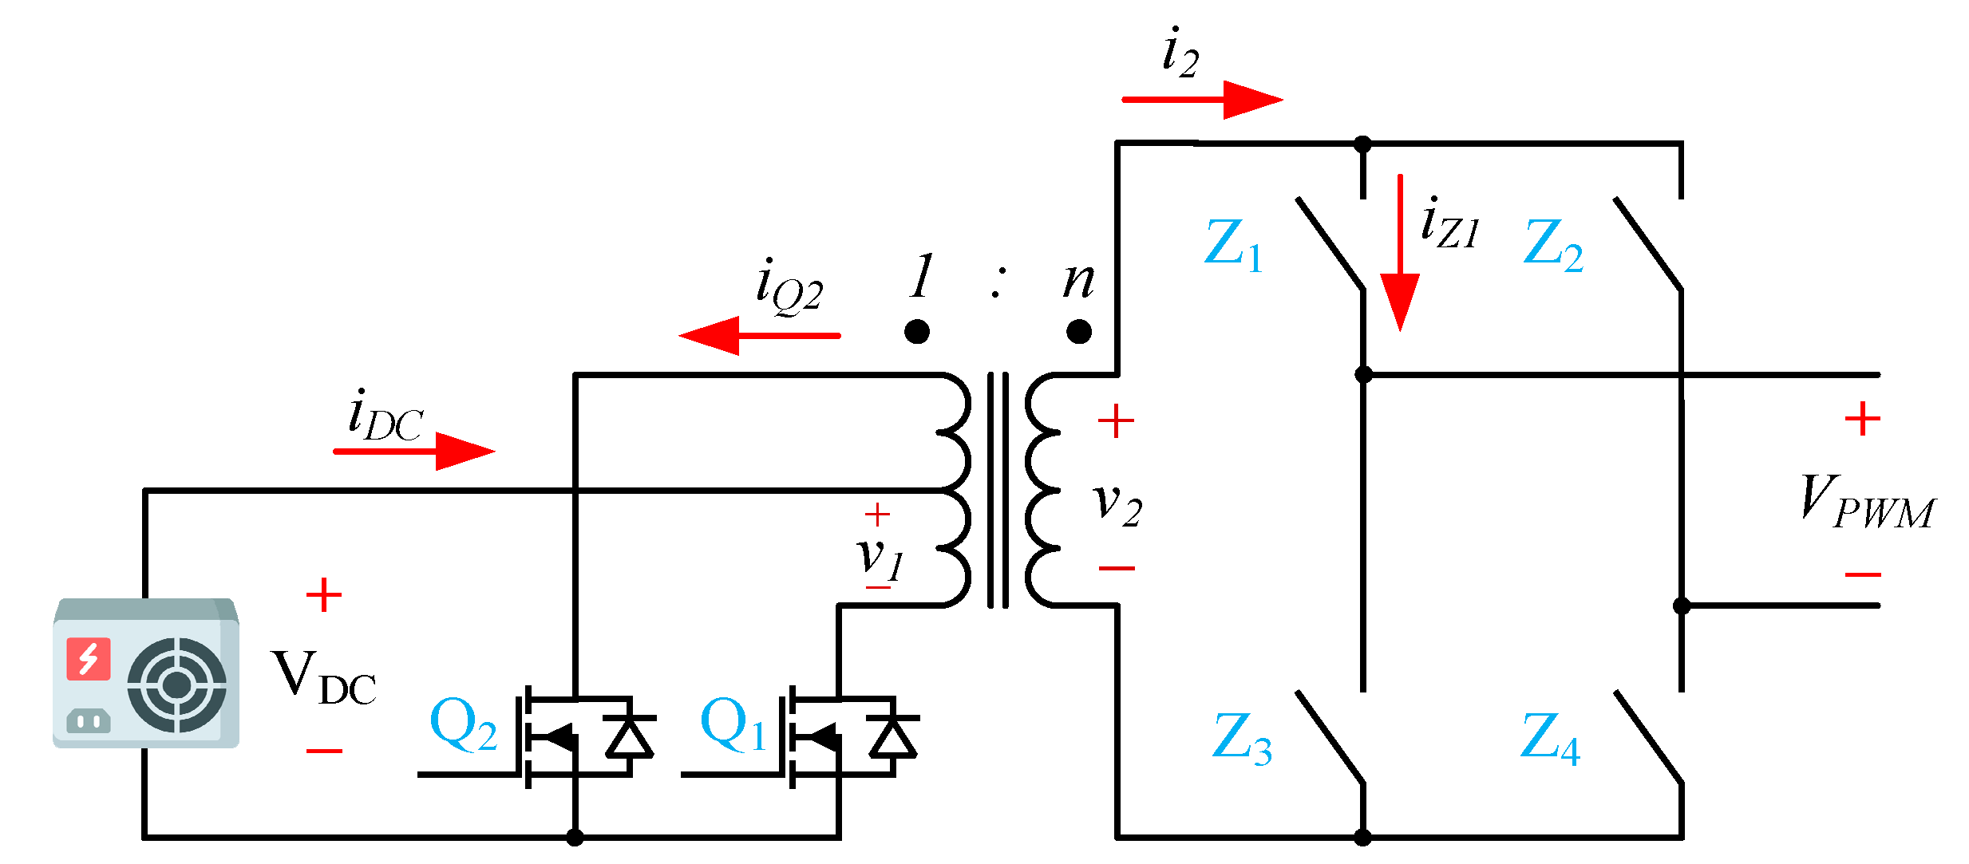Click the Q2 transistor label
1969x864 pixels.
(x=463, y=724)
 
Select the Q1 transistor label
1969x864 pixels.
(x=733, y=724)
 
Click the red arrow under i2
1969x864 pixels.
(x=1201, y=100)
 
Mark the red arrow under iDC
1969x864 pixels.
(x=413, y=451)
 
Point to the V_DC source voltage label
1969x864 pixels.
(x=323, y=678)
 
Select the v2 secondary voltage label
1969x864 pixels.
(x=1117, y=504)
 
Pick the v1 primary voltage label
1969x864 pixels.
(x=879, y=556)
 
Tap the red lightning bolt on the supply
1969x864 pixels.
(x=88, y=658)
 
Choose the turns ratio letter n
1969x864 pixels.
(x=1078, y=280)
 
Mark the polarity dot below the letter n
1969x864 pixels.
(x=1079, y=331)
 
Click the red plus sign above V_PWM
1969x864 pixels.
(x=1863, y=419)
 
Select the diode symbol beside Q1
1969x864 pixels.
(x=893, y=736)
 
